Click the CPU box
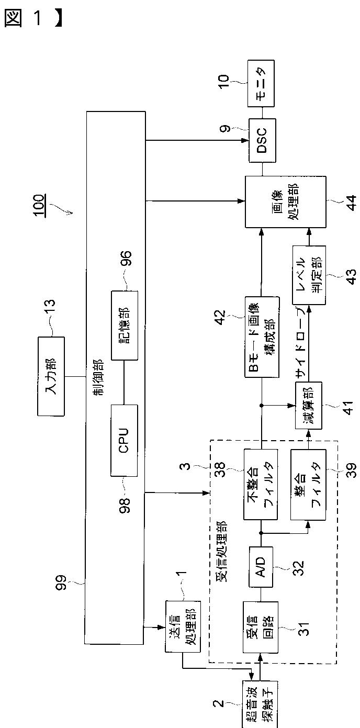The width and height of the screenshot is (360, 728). [124, 440]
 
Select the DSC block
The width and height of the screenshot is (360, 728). [262, 140]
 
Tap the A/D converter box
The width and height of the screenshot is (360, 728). [261, 567]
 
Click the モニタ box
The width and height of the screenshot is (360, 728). [261, 84]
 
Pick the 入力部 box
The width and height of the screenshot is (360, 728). [51, 376]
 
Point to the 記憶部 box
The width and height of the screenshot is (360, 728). [125, 326]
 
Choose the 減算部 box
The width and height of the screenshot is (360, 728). [308, 406]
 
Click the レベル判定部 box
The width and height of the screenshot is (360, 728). [309, 275]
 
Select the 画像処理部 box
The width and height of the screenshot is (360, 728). [285, 202]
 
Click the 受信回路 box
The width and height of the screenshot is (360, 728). [261, 627]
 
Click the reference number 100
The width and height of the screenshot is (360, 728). [40, 205]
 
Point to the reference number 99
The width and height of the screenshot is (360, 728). [61, 583]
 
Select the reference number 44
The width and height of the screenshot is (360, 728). [350, 202]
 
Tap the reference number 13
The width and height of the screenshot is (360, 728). [50, 307]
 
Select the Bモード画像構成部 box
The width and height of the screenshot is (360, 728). [262, 337]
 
